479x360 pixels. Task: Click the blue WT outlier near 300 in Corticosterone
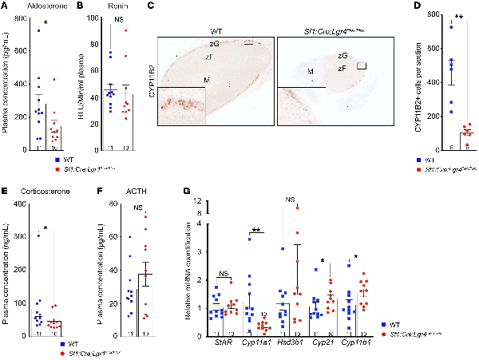pyautogui.click(x=37, y=235)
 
